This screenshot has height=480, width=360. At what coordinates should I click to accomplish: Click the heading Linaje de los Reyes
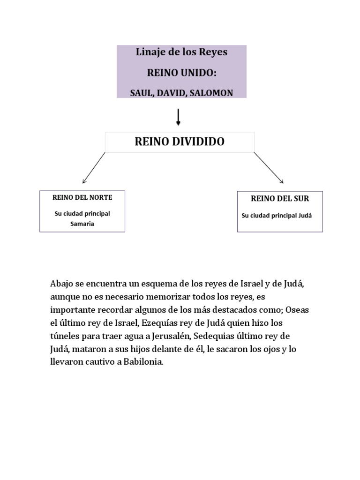pos(181,52)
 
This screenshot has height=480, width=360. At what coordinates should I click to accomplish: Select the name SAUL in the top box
pos(141,93)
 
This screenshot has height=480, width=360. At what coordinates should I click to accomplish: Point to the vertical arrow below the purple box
pos(179,117)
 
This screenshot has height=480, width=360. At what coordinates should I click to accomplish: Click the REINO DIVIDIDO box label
pos(180,142)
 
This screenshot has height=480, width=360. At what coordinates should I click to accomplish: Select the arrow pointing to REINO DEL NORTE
pos(93,167)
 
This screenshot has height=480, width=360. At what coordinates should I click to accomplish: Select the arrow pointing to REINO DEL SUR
pos(269,167)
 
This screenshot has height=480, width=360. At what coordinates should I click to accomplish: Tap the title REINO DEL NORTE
pos(82,197)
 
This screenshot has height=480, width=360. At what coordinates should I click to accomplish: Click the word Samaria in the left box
pos(82,224)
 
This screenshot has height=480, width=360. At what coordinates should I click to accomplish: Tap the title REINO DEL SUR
pos(280,199)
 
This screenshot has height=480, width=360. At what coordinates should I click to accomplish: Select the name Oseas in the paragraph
pos(298,310)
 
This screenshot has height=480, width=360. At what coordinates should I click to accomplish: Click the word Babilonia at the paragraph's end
pos(142,363)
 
